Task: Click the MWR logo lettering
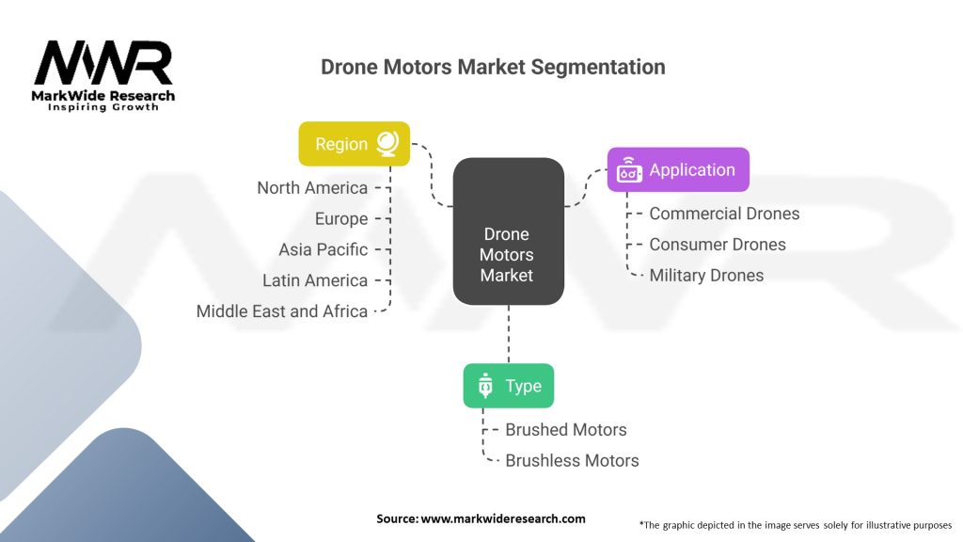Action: (103, 64)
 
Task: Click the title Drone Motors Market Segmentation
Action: (493, 67)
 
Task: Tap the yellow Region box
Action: (354, 144)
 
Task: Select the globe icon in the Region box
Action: (387, 143)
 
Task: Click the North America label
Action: (312, 188)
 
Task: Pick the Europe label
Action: (341, 219)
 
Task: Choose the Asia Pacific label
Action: (323, 249)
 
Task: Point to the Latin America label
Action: (315, 280)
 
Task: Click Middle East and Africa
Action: (281, 311)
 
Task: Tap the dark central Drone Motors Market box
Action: (507, 231)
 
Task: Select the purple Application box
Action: (677, 169)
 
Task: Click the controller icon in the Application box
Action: (629, 170)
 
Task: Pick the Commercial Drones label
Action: (724, 214)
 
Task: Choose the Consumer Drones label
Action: (717, 245)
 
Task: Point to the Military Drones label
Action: (706, 276)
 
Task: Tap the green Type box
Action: (508, 386)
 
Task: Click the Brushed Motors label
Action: (566, 430)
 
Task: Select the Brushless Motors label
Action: (572, 461)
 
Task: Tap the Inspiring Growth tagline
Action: (103, 107)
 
